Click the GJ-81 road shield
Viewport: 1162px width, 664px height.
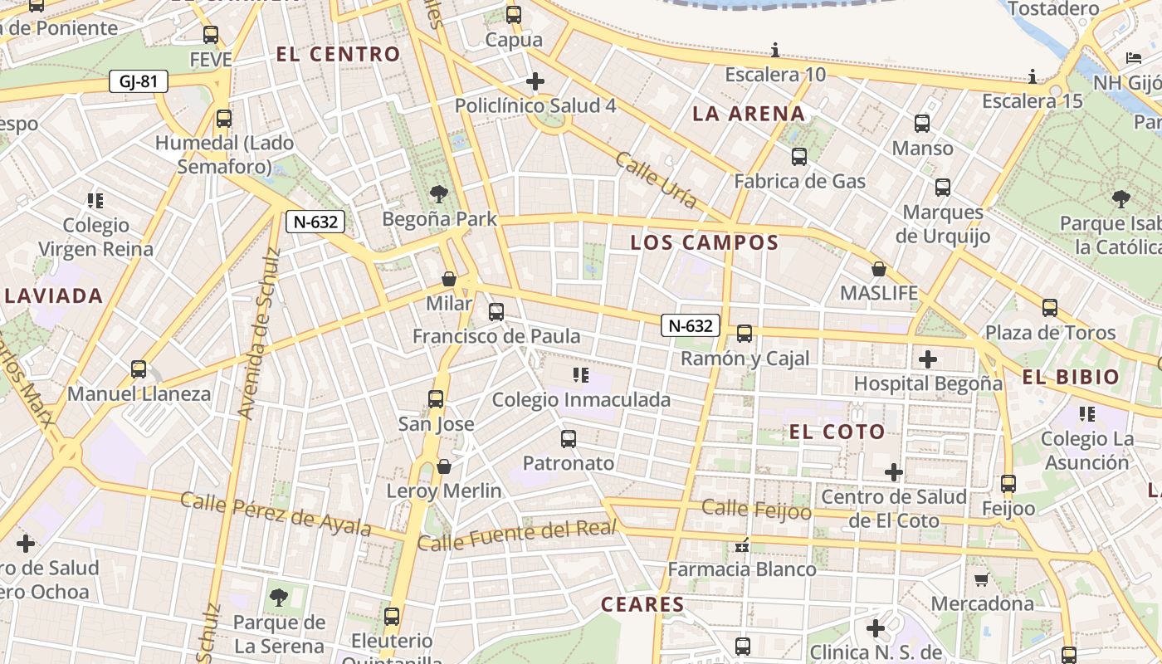(x=138, y=81)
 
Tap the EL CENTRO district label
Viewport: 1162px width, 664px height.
(x=338, y=55)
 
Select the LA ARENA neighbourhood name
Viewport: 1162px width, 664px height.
(x=749, y=114)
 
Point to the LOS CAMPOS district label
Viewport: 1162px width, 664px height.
(x=704, y=242)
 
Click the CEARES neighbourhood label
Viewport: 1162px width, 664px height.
(x=642, y=604)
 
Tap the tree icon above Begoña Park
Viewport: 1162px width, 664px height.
(x=439, y=195)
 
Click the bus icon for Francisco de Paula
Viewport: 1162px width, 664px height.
(x=496, y=312)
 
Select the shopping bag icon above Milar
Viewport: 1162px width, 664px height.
(x=449, y=279)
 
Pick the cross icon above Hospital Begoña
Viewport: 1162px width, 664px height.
(x=928, y=359)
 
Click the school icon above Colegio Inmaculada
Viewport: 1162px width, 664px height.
(x=581, y=375)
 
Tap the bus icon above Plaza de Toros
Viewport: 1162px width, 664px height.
(x=1050, y=308)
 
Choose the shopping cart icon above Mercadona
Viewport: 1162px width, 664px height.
(x=982, y=579)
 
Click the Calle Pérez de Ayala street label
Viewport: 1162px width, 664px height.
(x=276, y=514)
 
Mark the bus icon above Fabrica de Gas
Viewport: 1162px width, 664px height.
(x=799, y=156)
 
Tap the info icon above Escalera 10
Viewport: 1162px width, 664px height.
(x=775, y=50)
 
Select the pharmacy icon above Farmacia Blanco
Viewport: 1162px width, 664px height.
(x=742, y=545)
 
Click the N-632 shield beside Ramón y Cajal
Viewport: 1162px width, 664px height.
(x=690, y=325)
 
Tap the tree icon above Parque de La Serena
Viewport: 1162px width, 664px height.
(x=279, y=598)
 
